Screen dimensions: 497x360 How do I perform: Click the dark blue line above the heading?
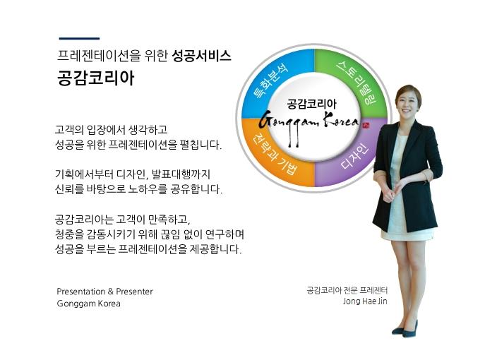(79, 38)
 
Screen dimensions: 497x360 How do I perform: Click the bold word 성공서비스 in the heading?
(201, 56)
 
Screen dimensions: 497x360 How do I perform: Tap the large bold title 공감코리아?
(96, 78)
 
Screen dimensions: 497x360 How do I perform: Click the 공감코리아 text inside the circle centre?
(311, 104)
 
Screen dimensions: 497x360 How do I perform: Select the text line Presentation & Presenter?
(104, 292)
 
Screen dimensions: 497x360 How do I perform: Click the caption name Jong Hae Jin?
(365, 301)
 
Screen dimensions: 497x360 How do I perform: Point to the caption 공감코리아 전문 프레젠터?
(347, 290)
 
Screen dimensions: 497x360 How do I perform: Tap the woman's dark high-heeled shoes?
(405, 330)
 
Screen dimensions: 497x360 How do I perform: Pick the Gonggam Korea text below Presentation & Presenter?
(89, 304)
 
